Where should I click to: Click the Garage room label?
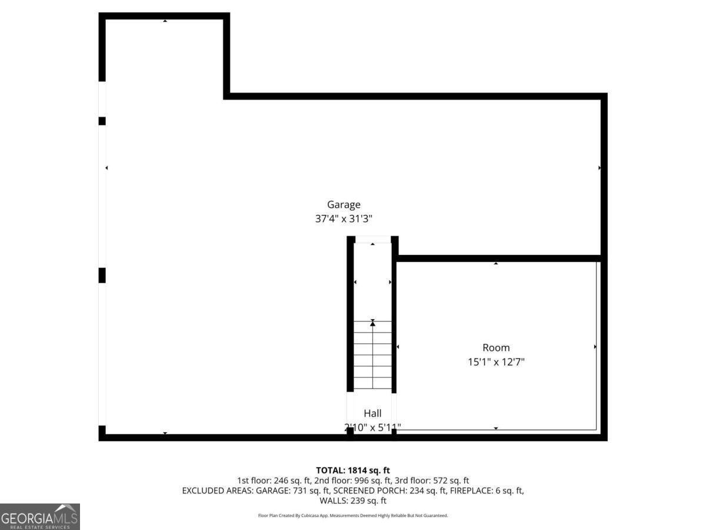[344, 205]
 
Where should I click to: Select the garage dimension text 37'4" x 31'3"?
[344, 218]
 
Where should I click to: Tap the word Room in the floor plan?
[496, 347]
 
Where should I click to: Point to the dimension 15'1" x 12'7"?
[496, 362]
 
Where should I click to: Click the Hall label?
[372, 414]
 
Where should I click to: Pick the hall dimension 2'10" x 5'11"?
[372, 427]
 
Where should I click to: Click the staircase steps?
[372, 359]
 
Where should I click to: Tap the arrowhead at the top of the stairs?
[372, 323]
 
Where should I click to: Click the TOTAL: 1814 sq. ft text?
[353, 470]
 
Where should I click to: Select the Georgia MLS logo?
[39, 516]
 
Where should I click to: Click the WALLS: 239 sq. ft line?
[353, 501]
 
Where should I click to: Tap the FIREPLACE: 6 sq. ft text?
[487, 491]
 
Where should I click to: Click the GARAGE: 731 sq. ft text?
[294, 491]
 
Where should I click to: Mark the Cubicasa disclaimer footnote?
[353, 515]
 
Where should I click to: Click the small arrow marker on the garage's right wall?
[600, 168]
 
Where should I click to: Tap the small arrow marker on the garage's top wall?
[165, 21]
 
